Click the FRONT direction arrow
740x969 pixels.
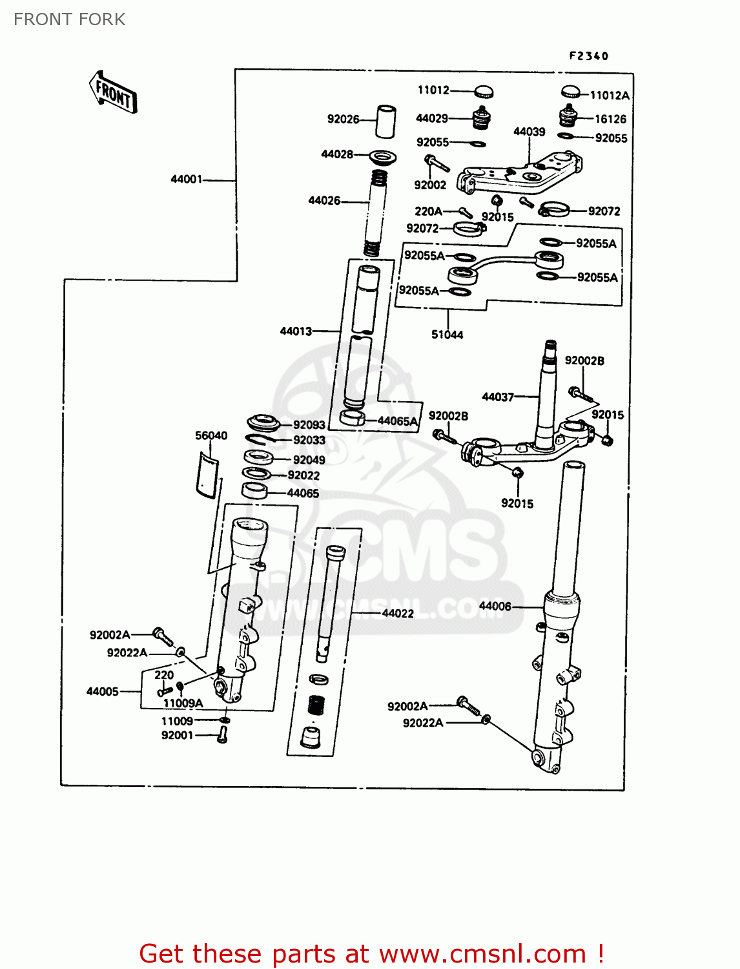pyautogui.click(x=113, y=93)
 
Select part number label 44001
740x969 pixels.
pyautogui.click(x=186, y=179)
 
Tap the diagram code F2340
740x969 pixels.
pyautogui.click(x=588, y=56)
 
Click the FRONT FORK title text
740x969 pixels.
pyautogui.click(x=69, y=19)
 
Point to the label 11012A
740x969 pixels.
pyautogui.click(x=610, y=96)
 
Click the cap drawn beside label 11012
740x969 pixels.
pyautogui.click(x=484, y=91)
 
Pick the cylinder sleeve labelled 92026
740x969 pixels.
pyautogui.click(x=385, y=121)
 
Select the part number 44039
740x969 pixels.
pyautogui.click(x=529, y=132)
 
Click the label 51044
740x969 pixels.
pyautogui.click(x=447, y=335)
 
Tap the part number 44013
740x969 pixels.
pyautogui.click(x=296, y=331)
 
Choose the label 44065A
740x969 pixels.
pyautogui.click(x=398, y=421)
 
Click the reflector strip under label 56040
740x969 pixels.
pyautogui.click(x=207, y=475)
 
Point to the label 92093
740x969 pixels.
pyautogui.click(x=309, y=425)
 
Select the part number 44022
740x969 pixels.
pyautogui.click(x=398, y=613)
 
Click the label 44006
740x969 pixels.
pyautogui.click(x=495, y=606)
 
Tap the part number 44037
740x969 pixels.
pyautogui.click(x=498, y=397)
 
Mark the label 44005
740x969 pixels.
pyautogui.click(x=103, y=691)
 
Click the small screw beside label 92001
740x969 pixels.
pyautogui.click(x=223, y=735)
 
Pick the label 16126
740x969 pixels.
pyautogui.click(x=610, y=119)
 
